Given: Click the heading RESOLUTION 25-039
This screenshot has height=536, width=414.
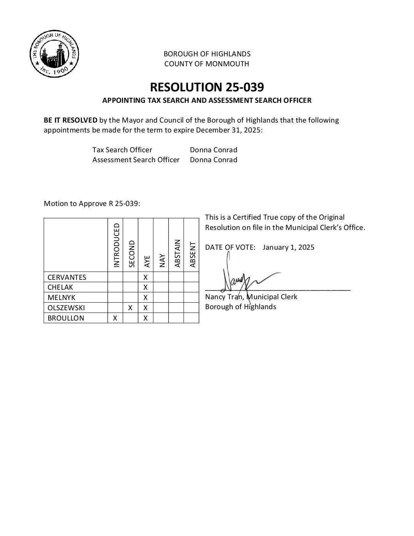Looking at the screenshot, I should (x=207, y=87).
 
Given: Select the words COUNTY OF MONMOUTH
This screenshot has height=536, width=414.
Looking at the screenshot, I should (x=207, y=64).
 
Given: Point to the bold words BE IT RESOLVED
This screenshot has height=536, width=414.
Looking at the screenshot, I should (x=70, y=120).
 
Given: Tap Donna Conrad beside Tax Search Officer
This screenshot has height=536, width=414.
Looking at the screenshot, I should (x=213, y=150).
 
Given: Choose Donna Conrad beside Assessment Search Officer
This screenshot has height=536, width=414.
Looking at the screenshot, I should (x=213, y=160).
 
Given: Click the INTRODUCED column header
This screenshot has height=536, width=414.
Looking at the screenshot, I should (x=116, y=245).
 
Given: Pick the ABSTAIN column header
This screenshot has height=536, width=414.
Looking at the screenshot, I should (x=177, y=253).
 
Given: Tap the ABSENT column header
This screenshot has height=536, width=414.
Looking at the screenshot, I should (x=192, y=254).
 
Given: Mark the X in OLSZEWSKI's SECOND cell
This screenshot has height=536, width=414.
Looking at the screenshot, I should (x=130, y=308).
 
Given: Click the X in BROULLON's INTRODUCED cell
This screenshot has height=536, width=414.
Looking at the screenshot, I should (x=115, y=318).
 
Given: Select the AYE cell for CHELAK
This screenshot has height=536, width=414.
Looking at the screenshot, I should (x=145, y=287).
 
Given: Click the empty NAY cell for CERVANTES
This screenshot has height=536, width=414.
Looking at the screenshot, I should (x=161, y=277).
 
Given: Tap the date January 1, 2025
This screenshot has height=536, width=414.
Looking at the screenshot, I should (x=288, y=247).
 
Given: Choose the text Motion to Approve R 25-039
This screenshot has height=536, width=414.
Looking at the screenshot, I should (x=92, y=204).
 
